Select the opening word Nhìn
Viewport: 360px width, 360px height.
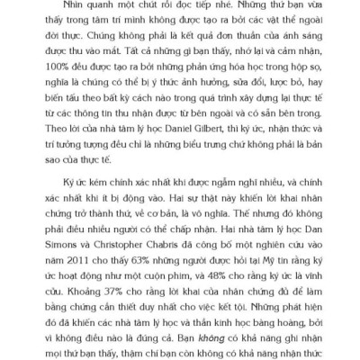point(39,8)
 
